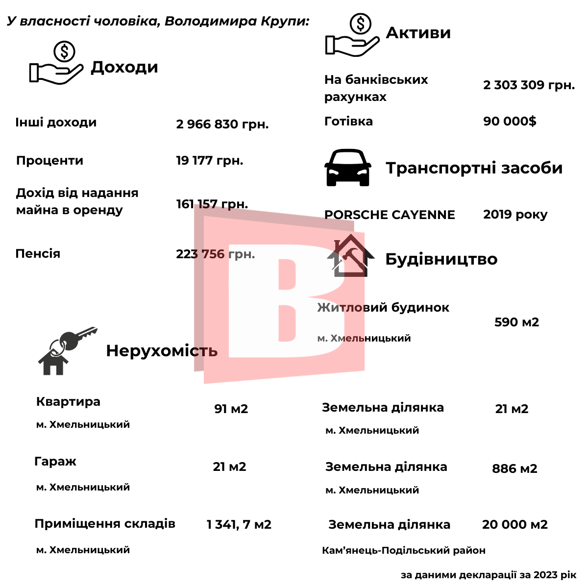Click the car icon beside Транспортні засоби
(347, 168)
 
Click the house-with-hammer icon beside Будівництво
(350, 256)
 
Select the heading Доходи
(124, 67)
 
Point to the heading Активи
(418, 33)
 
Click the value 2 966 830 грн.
(222, 124)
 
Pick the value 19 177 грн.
(210, 161)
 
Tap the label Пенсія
(38, 254)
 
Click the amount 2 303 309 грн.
(529, 85)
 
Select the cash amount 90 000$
(510, 122)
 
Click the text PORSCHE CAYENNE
(390, 215)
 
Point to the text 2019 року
(515, 215)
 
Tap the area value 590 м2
(516, 322)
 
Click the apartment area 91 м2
(231, 409)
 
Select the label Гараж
(55, 462)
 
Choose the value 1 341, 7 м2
(239, 525)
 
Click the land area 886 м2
(514, 469)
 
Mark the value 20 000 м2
(514, 525)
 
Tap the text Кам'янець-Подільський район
(404, 551)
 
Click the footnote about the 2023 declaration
(489, 575)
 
